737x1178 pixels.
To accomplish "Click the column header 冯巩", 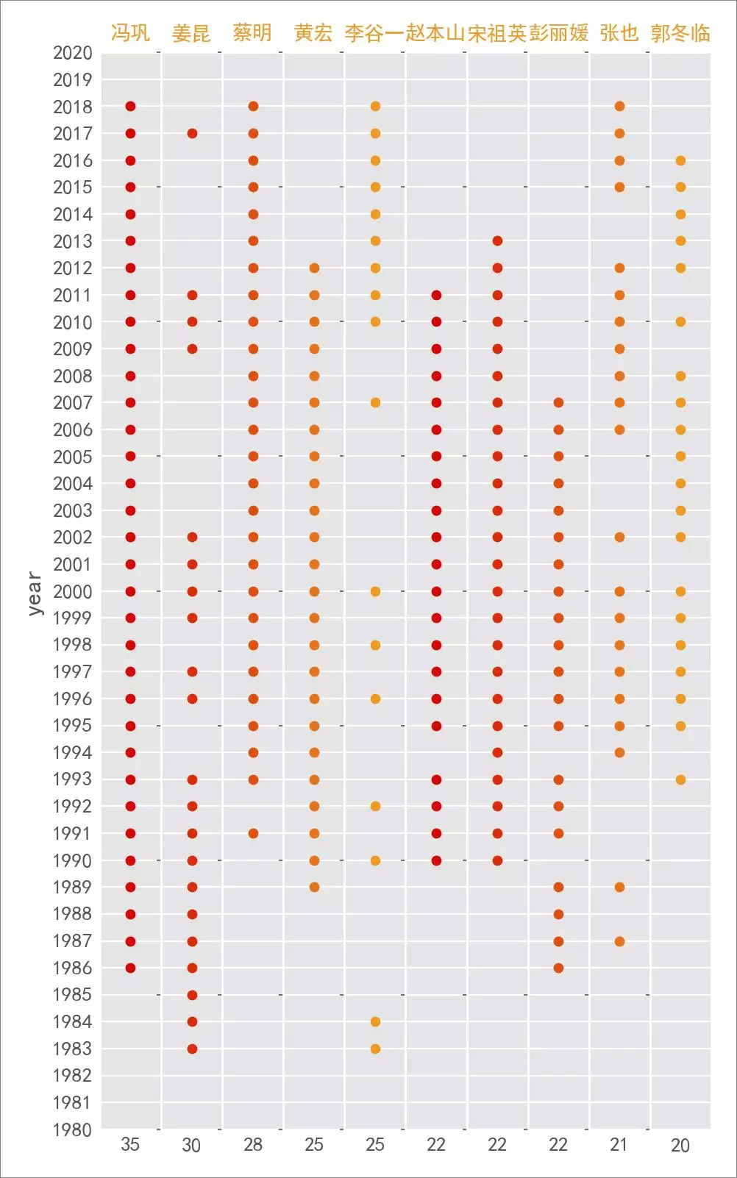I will click(x=130, y=33).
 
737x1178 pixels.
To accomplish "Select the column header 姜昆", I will click(x=191, y=33).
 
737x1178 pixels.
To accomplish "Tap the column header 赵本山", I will click(x=435, y=33).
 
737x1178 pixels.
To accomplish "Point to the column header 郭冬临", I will click(x=680, y=33).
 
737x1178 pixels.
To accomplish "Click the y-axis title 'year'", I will click(x=34, y=593).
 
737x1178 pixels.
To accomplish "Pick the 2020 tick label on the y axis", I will click(x=72, y=53).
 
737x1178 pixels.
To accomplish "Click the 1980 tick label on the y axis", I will click(x=72, y=1129).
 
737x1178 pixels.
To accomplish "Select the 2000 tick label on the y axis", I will click(x=72, y=591).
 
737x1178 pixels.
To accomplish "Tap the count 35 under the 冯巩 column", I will click(x=130, y=1144).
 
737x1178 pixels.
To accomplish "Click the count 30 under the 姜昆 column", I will click(x=191, y=1145).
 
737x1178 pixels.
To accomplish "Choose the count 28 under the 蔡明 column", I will click(x=253, y=1144).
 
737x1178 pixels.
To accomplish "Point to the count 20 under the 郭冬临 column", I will click(x=680, y=1145).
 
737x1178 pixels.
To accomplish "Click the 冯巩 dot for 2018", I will click(x=131, y=107).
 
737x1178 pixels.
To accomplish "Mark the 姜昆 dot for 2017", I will click(x=192, y=133).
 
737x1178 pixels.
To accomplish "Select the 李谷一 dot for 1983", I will click(x=375, y=1049).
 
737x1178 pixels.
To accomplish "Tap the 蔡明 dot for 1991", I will click(x=253, y=833).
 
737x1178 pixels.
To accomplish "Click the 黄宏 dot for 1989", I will click(x=314, y=887).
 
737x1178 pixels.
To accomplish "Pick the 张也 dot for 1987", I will click(x=619, y=941).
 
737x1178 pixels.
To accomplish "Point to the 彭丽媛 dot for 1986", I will click(x=558, y=968).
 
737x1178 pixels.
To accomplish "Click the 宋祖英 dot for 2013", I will click(x=497, y=241).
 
